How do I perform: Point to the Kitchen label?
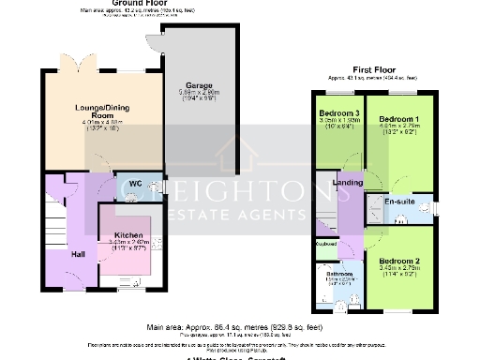tap(127, 234)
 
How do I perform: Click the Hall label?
tap(79, 254)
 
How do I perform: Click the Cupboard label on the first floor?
tap(326, 244)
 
